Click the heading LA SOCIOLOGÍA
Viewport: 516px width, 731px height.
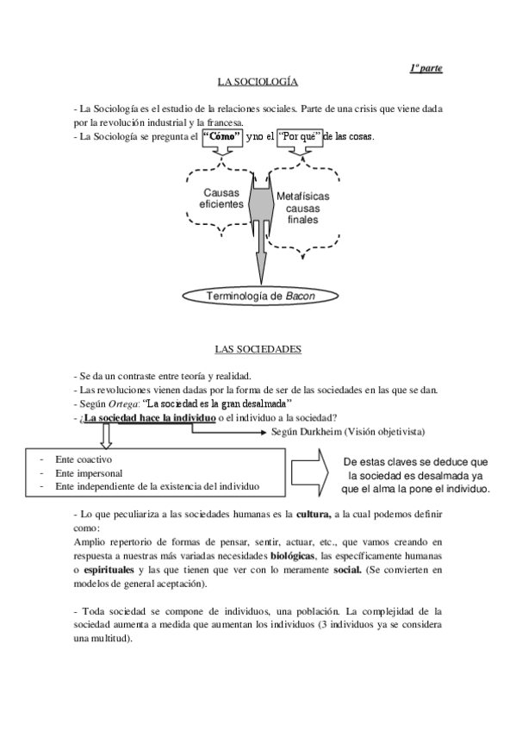(258, 82)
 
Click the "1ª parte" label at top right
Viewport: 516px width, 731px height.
(426, 68)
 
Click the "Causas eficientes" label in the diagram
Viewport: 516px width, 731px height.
(221, 199)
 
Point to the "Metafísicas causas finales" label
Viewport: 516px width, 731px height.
(302, 208)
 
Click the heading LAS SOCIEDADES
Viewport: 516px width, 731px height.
(258, 349)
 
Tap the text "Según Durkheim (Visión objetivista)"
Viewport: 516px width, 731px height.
(348, 431)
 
